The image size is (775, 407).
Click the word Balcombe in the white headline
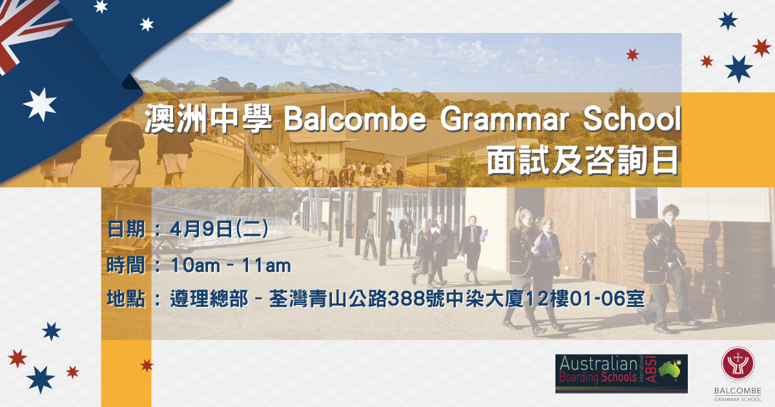[x=355, y=120]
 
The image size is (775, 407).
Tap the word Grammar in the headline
[x=504, y=120]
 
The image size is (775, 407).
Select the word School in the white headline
[x=632, y=119]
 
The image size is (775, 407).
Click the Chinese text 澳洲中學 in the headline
[x=208, y=120]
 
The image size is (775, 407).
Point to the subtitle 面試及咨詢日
[x=583, y=161]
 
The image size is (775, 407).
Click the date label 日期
[x=126, y=229]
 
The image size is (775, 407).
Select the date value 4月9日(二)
[x=219, y=229]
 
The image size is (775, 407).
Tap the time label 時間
[x=126, y=266]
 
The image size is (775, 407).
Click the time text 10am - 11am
[x=231, y=266]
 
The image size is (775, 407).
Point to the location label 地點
[x=126, y=298]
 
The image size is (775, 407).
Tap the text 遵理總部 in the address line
[x=209, y=298]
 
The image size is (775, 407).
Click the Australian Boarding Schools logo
[x=621, y=373]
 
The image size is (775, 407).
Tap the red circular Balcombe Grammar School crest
[x=738, y=364]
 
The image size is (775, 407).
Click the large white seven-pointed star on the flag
[x=40, y=105]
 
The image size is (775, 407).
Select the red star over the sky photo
[x=632, y=55]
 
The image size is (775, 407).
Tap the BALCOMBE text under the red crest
[x=738, y=391]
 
